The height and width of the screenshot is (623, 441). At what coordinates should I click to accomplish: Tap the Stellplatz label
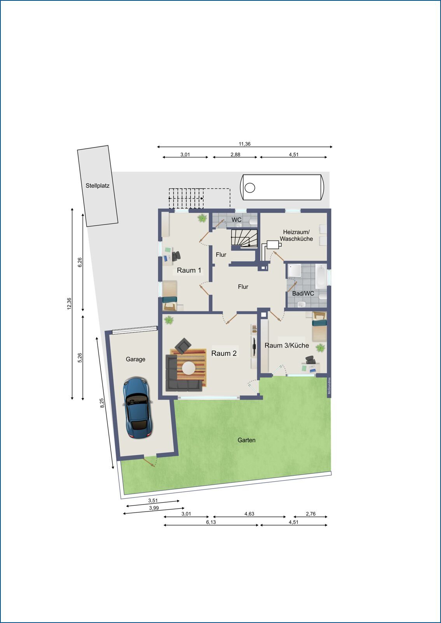(x=98, y=186)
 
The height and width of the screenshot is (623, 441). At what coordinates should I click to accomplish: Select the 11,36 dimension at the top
(x=244, y=144)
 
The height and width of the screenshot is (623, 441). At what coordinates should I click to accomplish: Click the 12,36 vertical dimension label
(x=69, y=303)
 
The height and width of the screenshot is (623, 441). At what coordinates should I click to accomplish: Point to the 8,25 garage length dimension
(x=102, y=403)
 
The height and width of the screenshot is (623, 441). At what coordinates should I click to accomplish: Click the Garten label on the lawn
(x=246, y=440)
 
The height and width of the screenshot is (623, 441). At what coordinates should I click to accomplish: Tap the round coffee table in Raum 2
(x=189, y=368)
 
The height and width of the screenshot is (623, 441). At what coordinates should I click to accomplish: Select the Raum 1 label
(x=189, y=270)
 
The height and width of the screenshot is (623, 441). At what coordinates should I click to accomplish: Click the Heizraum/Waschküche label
(x=296, y=235)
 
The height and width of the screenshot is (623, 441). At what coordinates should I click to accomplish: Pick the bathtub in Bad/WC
(x=321, y=276)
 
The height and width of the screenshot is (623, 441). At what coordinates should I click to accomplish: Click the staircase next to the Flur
(x=244, y=238)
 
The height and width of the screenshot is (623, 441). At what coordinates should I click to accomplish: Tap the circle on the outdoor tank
(x=250, y=188)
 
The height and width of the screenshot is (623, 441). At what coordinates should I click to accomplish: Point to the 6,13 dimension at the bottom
(x=211, y=522)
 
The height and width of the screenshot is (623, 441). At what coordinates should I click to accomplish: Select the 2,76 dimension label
(x=310, y=513)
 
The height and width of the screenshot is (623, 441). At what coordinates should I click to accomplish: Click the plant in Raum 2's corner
(x=169, y=320)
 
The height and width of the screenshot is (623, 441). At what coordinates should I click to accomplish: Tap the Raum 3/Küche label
(x=287, y=345)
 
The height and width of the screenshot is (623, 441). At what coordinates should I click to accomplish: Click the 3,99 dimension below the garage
(x=154, y=508)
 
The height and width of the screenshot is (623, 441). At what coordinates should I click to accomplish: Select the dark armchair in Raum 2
(x=183, y=345)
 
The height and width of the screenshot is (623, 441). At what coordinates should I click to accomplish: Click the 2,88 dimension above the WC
(x=235, y=154)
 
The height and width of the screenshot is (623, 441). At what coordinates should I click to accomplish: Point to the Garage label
(x=135, y=359)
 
